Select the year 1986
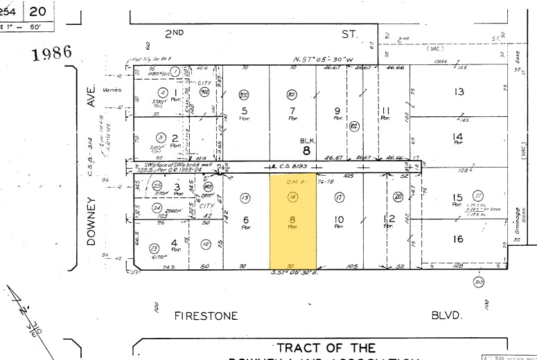point(51,52)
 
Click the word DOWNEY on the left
point(90,221)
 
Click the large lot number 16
point(457,239)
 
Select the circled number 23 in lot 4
point(153,248)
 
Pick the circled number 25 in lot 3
point(157,186)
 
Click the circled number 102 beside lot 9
point(354,126)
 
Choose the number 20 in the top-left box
point(38,11)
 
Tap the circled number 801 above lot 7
point(292,95)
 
